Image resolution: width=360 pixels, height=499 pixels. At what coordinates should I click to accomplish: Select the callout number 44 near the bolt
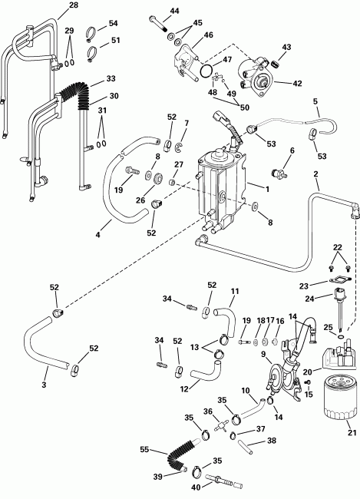point(174,11)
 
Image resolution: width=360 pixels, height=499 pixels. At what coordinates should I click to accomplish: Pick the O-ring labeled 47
point(204,71)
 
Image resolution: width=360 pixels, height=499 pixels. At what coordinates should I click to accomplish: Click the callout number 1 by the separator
point(266,188)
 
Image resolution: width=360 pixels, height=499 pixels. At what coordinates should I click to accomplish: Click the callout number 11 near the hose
point(235,290)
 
